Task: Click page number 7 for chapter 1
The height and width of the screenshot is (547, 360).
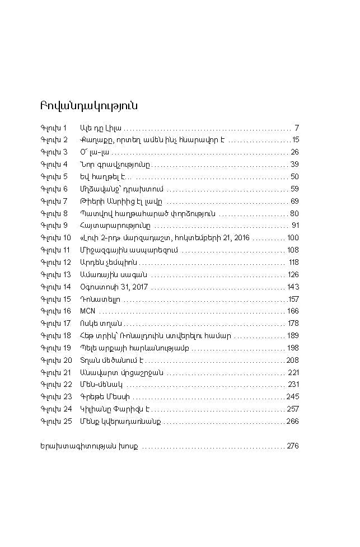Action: (x=296, y=128)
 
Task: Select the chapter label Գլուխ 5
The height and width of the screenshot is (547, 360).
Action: (x=54, y=176)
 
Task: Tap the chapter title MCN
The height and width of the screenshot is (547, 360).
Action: (x=87, y=311)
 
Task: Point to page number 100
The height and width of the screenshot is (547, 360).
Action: (x=293, y=238)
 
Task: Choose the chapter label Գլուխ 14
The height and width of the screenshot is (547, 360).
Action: (x=55, y=287)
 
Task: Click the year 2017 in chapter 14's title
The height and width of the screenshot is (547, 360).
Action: (x=139, y=287)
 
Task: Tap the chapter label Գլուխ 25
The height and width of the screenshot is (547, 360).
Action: (x=56, y=421)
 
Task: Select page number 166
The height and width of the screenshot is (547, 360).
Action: (x=293, y=311)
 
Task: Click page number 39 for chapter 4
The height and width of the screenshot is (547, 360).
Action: (x=294, y=164)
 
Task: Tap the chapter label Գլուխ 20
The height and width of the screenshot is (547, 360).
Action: (x=56, y=360)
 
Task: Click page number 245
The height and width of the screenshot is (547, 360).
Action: (x=293, y=396)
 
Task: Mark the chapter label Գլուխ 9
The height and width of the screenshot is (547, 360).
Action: (x=54, y=225)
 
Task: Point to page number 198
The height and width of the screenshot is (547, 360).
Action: (x=293, y=348)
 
